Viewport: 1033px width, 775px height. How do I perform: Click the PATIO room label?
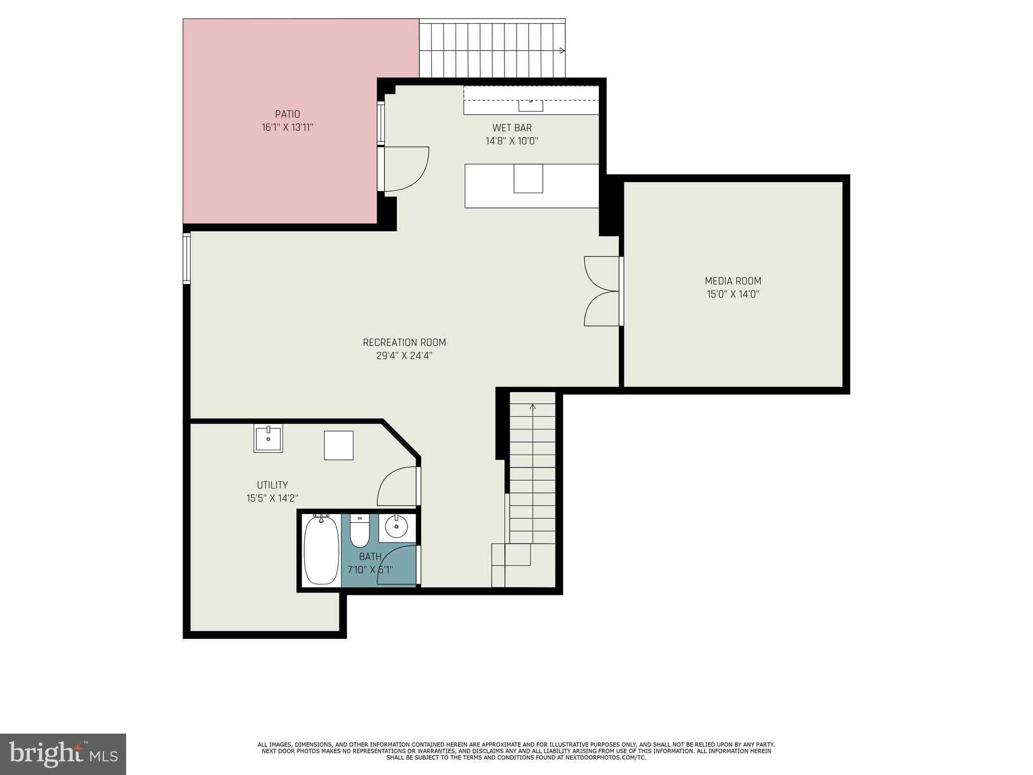pos(288,115)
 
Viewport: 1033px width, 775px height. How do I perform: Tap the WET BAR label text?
pos(512,128)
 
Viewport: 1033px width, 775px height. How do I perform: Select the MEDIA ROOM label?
pos(733,281)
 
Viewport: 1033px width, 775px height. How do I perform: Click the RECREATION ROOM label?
pos(405,343)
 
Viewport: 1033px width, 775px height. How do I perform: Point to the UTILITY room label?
pos(272,485)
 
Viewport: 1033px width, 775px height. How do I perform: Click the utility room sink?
pos(268,438)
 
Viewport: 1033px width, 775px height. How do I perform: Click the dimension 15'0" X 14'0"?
pos(733,294)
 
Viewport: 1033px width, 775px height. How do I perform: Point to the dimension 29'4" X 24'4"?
pos(405,356)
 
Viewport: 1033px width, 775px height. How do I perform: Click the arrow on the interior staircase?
pos(533,407)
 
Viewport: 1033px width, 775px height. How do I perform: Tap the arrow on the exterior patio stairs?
pos(562,50)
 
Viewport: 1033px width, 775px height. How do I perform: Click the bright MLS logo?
pos(63,754)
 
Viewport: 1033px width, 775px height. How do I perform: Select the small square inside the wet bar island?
pos(528,179)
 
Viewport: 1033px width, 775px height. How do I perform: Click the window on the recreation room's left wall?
pos(186,258)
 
